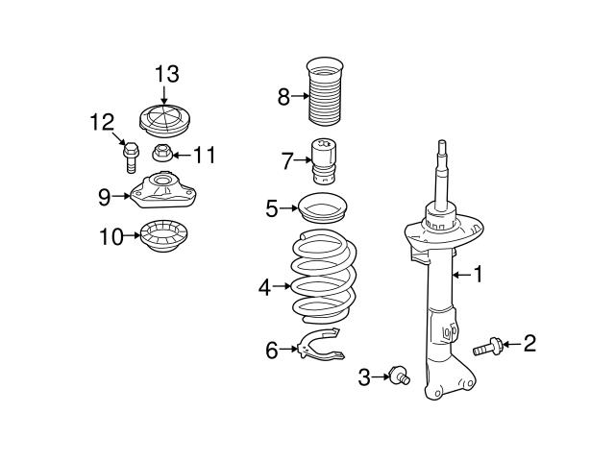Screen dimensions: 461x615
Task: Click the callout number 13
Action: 166,74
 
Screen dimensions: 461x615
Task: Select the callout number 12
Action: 102,122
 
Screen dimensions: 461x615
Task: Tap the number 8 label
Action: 283,96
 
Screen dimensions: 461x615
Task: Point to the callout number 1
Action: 478,275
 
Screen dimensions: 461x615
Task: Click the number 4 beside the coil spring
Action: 264,285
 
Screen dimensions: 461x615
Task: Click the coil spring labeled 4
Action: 324,280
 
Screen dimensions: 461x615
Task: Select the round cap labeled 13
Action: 165,122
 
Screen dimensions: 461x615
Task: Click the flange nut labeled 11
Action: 163,153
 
